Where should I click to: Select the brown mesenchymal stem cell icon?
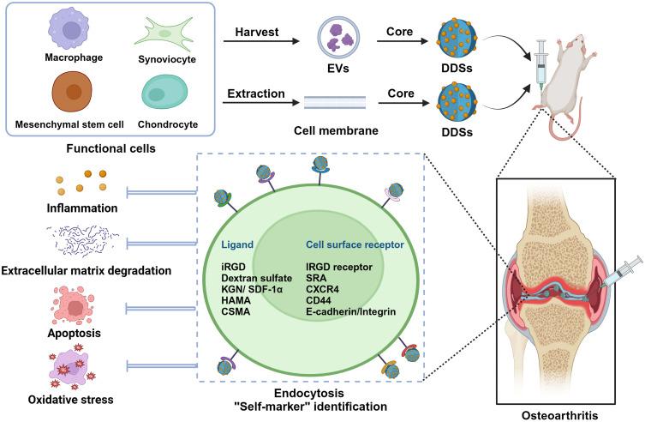[72, 92]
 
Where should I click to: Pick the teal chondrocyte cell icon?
[164, 93]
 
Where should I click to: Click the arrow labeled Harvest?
[261, 41]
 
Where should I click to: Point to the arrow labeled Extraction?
[261, 103]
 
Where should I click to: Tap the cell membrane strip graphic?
[335, 103]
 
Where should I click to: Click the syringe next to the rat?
[541, 66]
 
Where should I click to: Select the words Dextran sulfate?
[257, 278]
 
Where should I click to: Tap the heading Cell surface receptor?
[355, 244]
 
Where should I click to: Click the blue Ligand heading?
[237, 244]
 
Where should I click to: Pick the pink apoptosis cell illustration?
[74, 307]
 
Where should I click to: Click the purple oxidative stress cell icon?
[73, 368]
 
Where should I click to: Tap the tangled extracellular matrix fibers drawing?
[82, 241]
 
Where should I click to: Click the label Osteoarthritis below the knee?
[560, 415]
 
